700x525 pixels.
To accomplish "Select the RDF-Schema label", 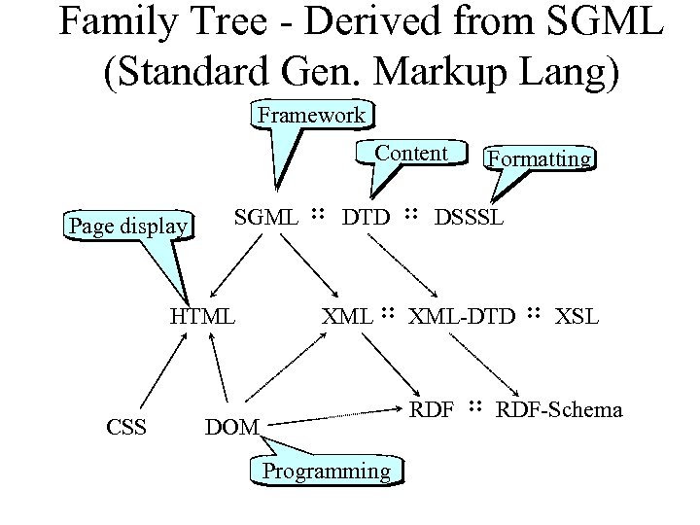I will coord(559,409).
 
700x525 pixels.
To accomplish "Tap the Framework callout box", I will coord(311,116).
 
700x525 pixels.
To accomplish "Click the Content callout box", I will coord(411,154).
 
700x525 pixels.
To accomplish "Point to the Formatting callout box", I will coord(541,158).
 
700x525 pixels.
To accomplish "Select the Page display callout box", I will coord(127,227).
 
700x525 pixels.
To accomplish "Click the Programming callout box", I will coord(327,472).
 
